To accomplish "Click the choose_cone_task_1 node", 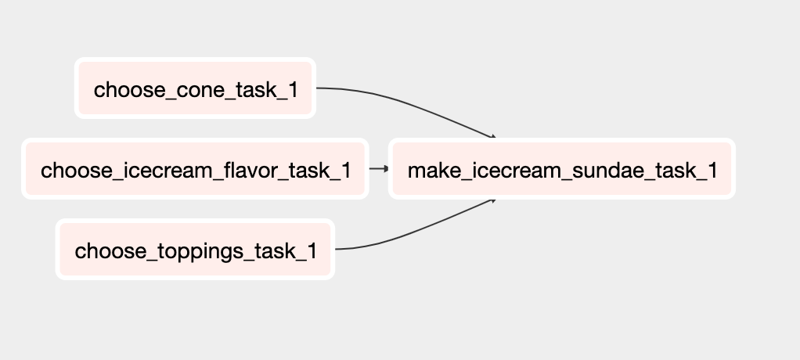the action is click(x=195, y=88).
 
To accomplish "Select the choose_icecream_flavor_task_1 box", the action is click(x=195, y=169).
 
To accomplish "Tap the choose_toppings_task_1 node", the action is click(x=195, y=250).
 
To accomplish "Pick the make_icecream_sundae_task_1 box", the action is click(x=562, y=169).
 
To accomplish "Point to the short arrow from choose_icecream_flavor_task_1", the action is click(x=379, y=168).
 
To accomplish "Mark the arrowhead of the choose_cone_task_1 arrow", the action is click(x=493, y=137).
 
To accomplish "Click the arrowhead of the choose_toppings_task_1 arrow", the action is click(x=493, y=201).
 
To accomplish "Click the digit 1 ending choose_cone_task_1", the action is click(x=293, y=90).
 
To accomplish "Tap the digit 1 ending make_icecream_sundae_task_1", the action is click(x=712, y=171).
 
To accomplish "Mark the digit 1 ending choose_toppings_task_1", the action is click(x=312, y=251).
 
